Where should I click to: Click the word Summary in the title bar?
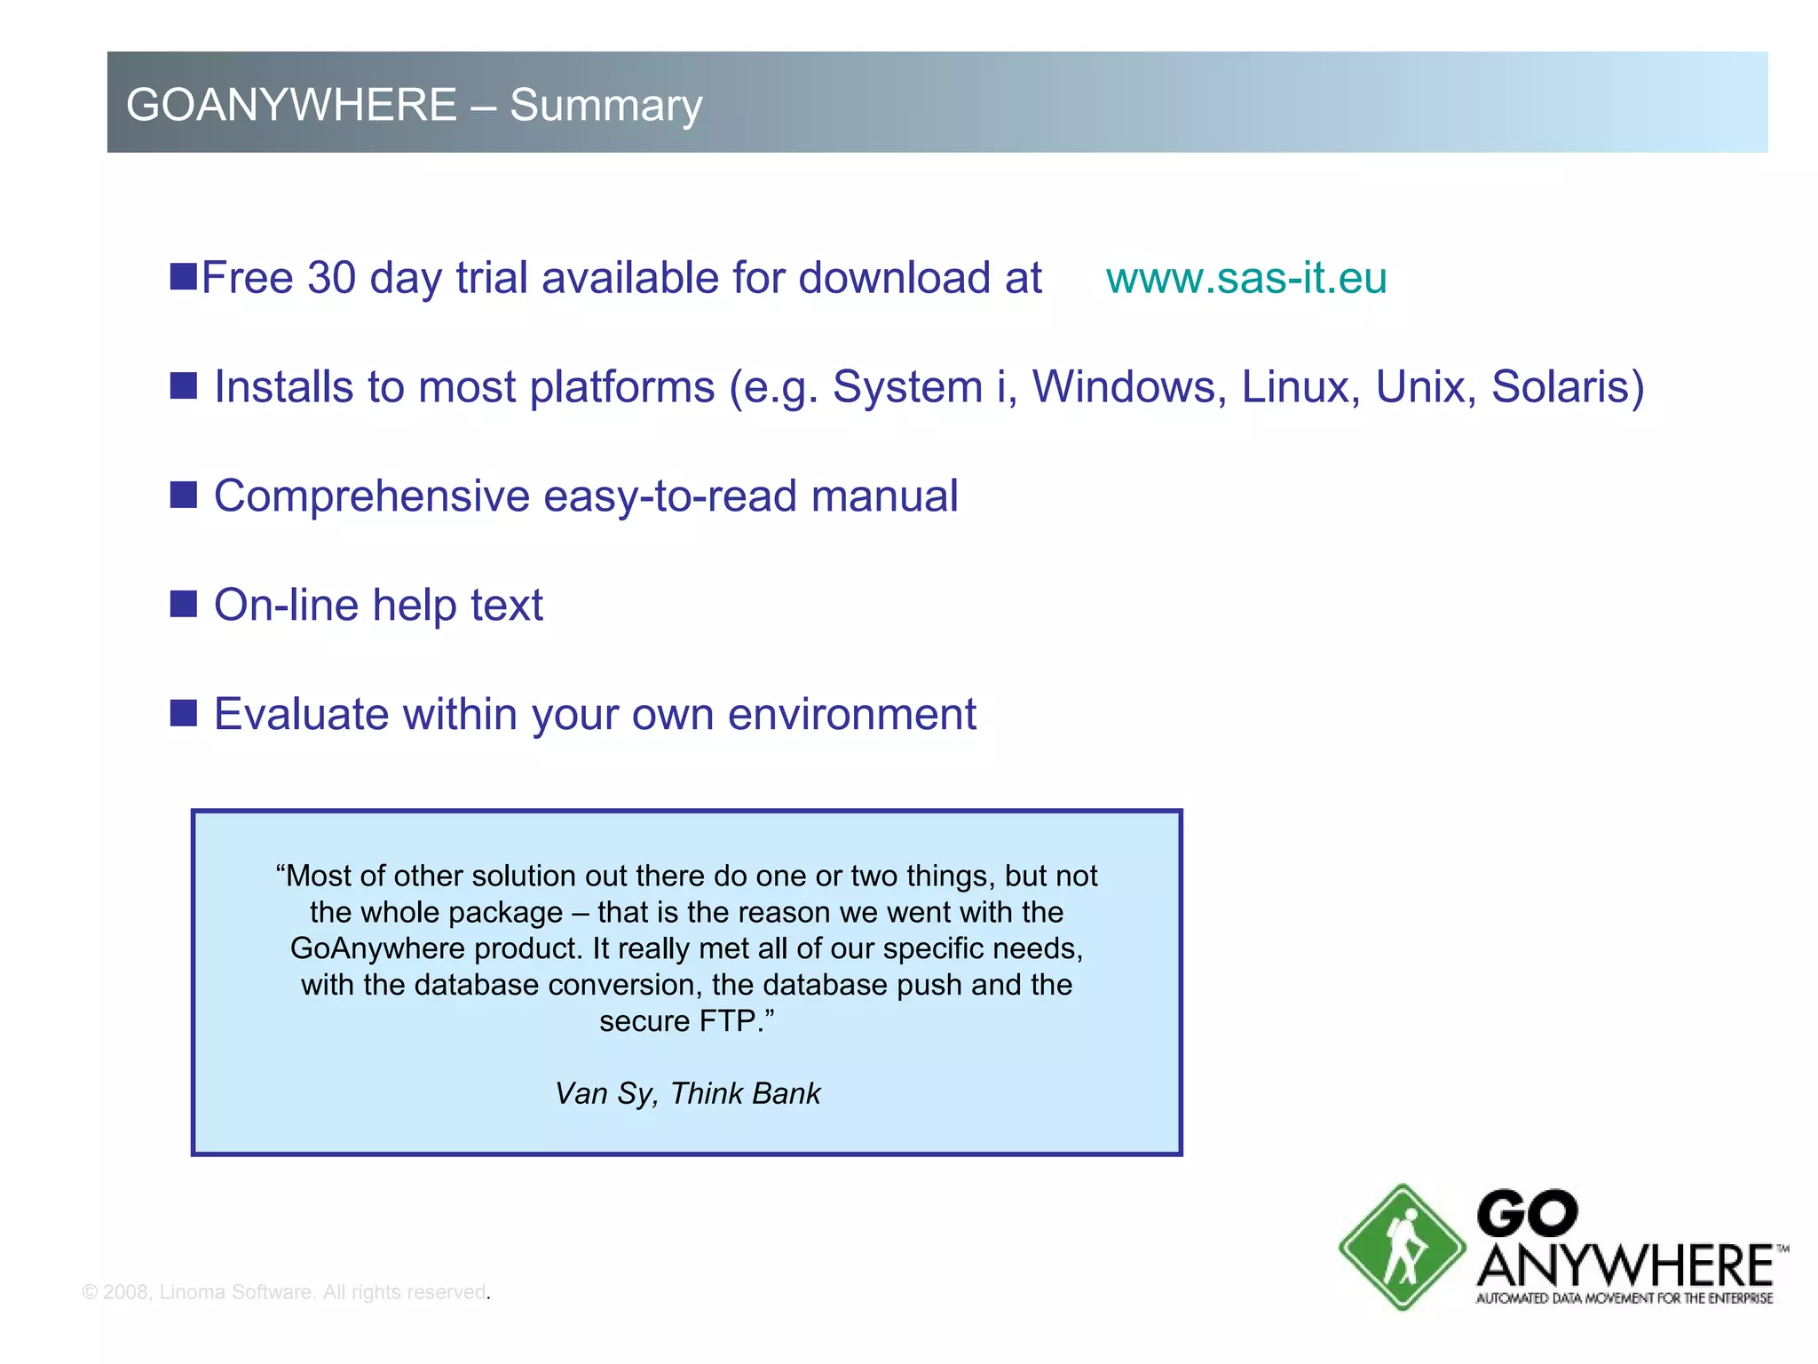click(605, 105)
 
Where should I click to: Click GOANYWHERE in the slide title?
click(291, 105)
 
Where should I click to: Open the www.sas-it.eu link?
click(1245, 278)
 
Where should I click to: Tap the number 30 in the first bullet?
click(331, 278)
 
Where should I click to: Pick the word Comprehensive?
click(371, 496)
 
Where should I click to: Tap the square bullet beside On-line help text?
click(184, 604)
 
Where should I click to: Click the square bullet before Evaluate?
click(184, 712)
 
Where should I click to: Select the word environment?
click(851, 714)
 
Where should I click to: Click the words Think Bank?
click(745, 1093)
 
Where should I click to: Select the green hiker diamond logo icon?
click(1402, 1247)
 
